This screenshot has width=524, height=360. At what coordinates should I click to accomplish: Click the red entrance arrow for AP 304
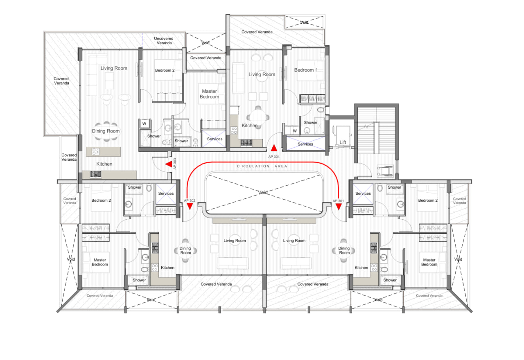274,148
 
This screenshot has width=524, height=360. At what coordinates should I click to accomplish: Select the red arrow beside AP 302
190,206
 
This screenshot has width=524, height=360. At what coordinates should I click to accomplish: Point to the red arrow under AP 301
339,207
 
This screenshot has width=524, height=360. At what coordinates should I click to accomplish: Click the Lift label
343,142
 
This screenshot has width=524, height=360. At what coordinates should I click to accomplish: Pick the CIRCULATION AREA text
262,166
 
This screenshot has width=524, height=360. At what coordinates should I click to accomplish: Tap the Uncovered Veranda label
164,40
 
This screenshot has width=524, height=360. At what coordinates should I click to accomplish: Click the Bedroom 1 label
306,70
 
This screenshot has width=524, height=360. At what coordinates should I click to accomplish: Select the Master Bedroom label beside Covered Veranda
209,94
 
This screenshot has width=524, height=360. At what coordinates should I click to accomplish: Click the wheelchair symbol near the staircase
385,171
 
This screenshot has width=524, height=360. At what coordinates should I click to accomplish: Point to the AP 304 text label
274,157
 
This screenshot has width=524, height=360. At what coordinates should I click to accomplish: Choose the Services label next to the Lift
305,144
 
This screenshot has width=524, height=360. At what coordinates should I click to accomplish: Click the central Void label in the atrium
263,192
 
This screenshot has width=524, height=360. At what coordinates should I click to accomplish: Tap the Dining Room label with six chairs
106,131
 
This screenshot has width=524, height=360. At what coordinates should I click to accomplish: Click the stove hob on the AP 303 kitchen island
95,151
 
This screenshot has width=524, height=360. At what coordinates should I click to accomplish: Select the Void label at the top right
304,22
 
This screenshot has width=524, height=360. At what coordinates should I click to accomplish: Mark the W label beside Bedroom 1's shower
295,131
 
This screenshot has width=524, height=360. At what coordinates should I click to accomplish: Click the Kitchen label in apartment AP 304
250,126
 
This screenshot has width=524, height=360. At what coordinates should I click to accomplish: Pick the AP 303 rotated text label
175,164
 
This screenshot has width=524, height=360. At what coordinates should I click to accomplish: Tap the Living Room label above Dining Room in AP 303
114,68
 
